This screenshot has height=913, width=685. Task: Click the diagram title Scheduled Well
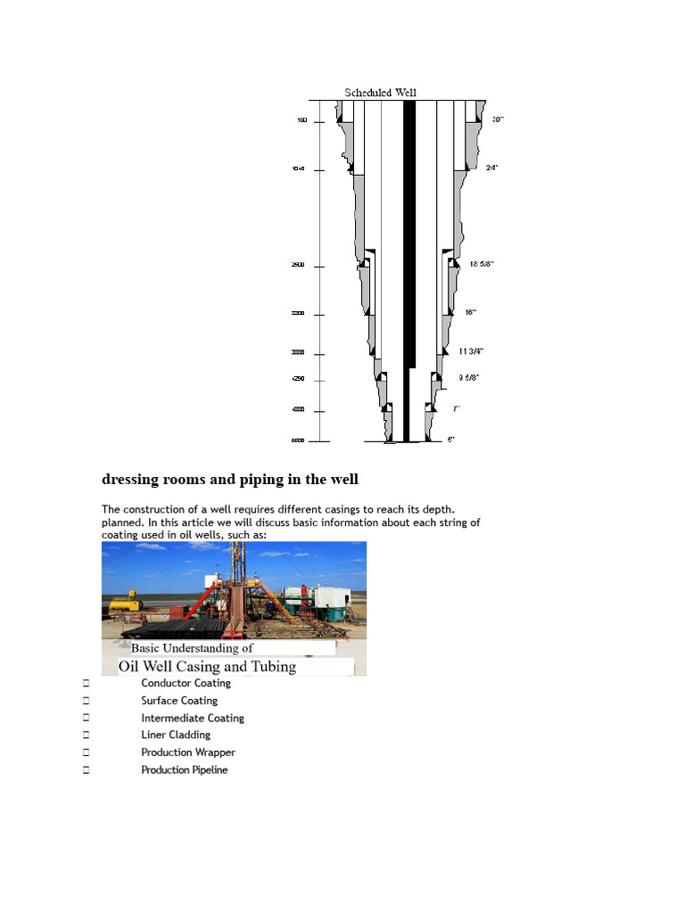[x=381, y=93]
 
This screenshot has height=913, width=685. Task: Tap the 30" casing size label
[x=498, y=119]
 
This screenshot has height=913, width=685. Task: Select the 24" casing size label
[x=491, y=168]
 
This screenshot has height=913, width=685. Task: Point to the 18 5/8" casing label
[x=482, y=264]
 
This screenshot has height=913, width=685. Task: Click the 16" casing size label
[x=470, y=312]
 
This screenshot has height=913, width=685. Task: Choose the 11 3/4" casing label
[x=471, y=351]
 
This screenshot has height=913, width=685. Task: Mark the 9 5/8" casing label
[x=468, y=378]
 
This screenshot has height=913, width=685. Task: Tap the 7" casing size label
[x=456, y=408]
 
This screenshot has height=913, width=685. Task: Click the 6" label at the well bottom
[x=451, y=440]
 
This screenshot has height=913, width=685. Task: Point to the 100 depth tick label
[x=302, y=120]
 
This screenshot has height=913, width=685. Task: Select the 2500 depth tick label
[x=298, y=266]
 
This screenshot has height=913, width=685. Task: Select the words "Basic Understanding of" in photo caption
[x=192, y=648]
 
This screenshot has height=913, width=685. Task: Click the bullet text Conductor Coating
[x=186, y=683]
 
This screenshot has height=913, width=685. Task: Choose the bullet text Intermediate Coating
[x=192, y=718]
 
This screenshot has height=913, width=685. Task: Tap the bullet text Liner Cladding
[x=176, y=735]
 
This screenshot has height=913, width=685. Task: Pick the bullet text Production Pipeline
[x=184, y=769]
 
